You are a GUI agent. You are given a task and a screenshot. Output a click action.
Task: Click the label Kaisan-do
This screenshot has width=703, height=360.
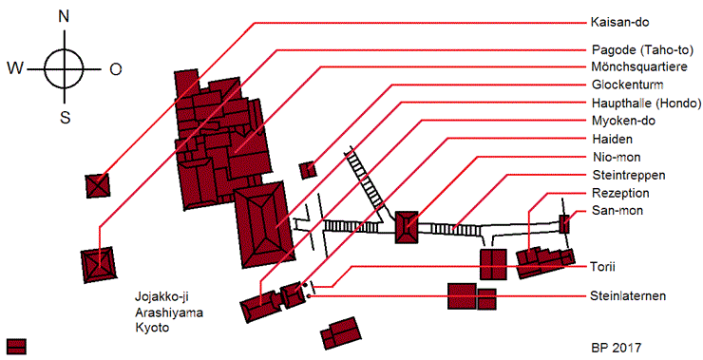(x=619, y=22)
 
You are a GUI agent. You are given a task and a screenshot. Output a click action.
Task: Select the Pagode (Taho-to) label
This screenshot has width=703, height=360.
(x=642, y=49)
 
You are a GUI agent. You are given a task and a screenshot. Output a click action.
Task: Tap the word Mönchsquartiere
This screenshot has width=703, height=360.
(x=639, y=66)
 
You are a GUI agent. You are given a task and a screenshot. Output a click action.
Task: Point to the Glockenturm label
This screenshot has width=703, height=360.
(x=628, y=85)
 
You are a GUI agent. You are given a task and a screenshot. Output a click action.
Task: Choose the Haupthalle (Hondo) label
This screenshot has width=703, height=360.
(x=646, y=104)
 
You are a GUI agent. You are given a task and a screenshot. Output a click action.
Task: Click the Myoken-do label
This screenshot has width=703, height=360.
(x=623, y=121)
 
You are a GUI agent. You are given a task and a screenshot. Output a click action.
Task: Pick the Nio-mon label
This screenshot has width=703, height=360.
(x=616, y=157)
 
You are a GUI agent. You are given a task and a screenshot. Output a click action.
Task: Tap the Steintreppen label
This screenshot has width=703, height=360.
(x=629, y=175)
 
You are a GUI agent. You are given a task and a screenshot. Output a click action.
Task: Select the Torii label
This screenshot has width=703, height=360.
(x=602, y=267)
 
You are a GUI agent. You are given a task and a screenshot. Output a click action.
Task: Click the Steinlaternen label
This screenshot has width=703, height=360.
(x=628, y=296)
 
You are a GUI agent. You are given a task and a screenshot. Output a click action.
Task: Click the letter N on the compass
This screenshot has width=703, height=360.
(x=64, y=16)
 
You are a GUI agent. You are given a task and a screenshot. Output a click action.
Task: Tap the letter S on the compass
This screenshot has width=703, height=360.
(x=65, y=118)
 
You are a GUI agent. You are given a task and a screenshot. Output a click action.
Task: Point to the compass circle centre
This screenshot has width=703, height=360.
(x=65, y=69)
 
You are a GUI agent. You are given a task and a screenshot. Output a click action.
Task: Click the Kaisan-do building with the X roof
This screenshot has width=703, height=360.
(x=98, y=185)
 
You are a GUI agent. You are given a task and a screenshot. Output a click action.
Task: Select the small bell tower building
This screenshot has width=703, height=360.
(x=308, y=170)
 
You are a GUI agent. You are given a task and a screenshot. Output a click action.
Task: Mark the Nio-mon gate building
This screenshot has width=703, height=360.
(x=407, y=228)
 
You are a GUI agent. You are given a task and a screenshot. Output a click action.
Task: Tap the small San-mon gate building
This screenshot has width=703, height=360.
(x=564, y=224)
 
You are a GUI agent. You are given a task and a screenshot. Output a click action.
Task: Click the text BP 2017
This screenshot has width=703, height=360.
(x=616, y=348)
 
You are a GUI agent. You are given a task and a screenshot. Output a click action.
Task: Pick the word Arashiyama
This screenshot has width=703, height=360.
(x=169, y=313)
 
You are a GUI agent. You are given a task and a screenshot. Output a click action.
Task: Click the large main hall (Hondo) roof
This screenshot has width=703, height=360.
(x=264, y=224)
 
